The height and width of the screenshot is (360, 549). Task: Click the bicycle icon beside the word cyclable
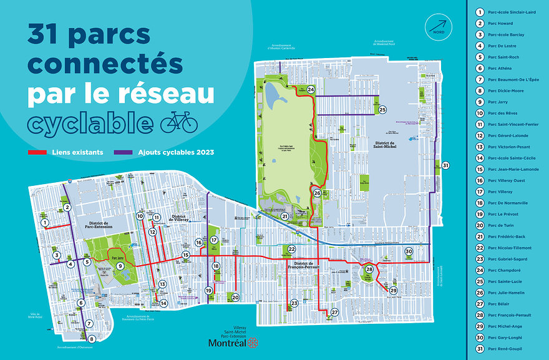coord(179,122)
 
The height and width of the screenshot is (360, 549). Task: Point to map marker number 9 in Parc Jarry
coord(120,266)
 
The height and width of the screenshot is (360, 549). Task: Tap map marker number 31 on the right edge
coord(445,165)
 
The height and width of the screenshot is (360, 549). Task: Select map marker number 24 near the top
coord(311,90)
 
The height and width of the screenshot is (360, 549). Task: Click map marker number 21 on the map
coord(284,216)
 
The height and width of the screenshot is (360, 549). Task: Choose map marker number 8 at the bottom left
coord(92,339)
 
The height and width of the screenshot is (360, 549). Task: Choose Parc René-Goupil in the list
coord(504,349)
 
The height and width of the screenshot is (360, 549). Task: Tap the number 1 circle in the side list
coord(480,12)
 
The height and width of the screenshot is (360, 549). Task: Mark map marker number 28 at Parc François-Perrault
coord(369,270)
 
